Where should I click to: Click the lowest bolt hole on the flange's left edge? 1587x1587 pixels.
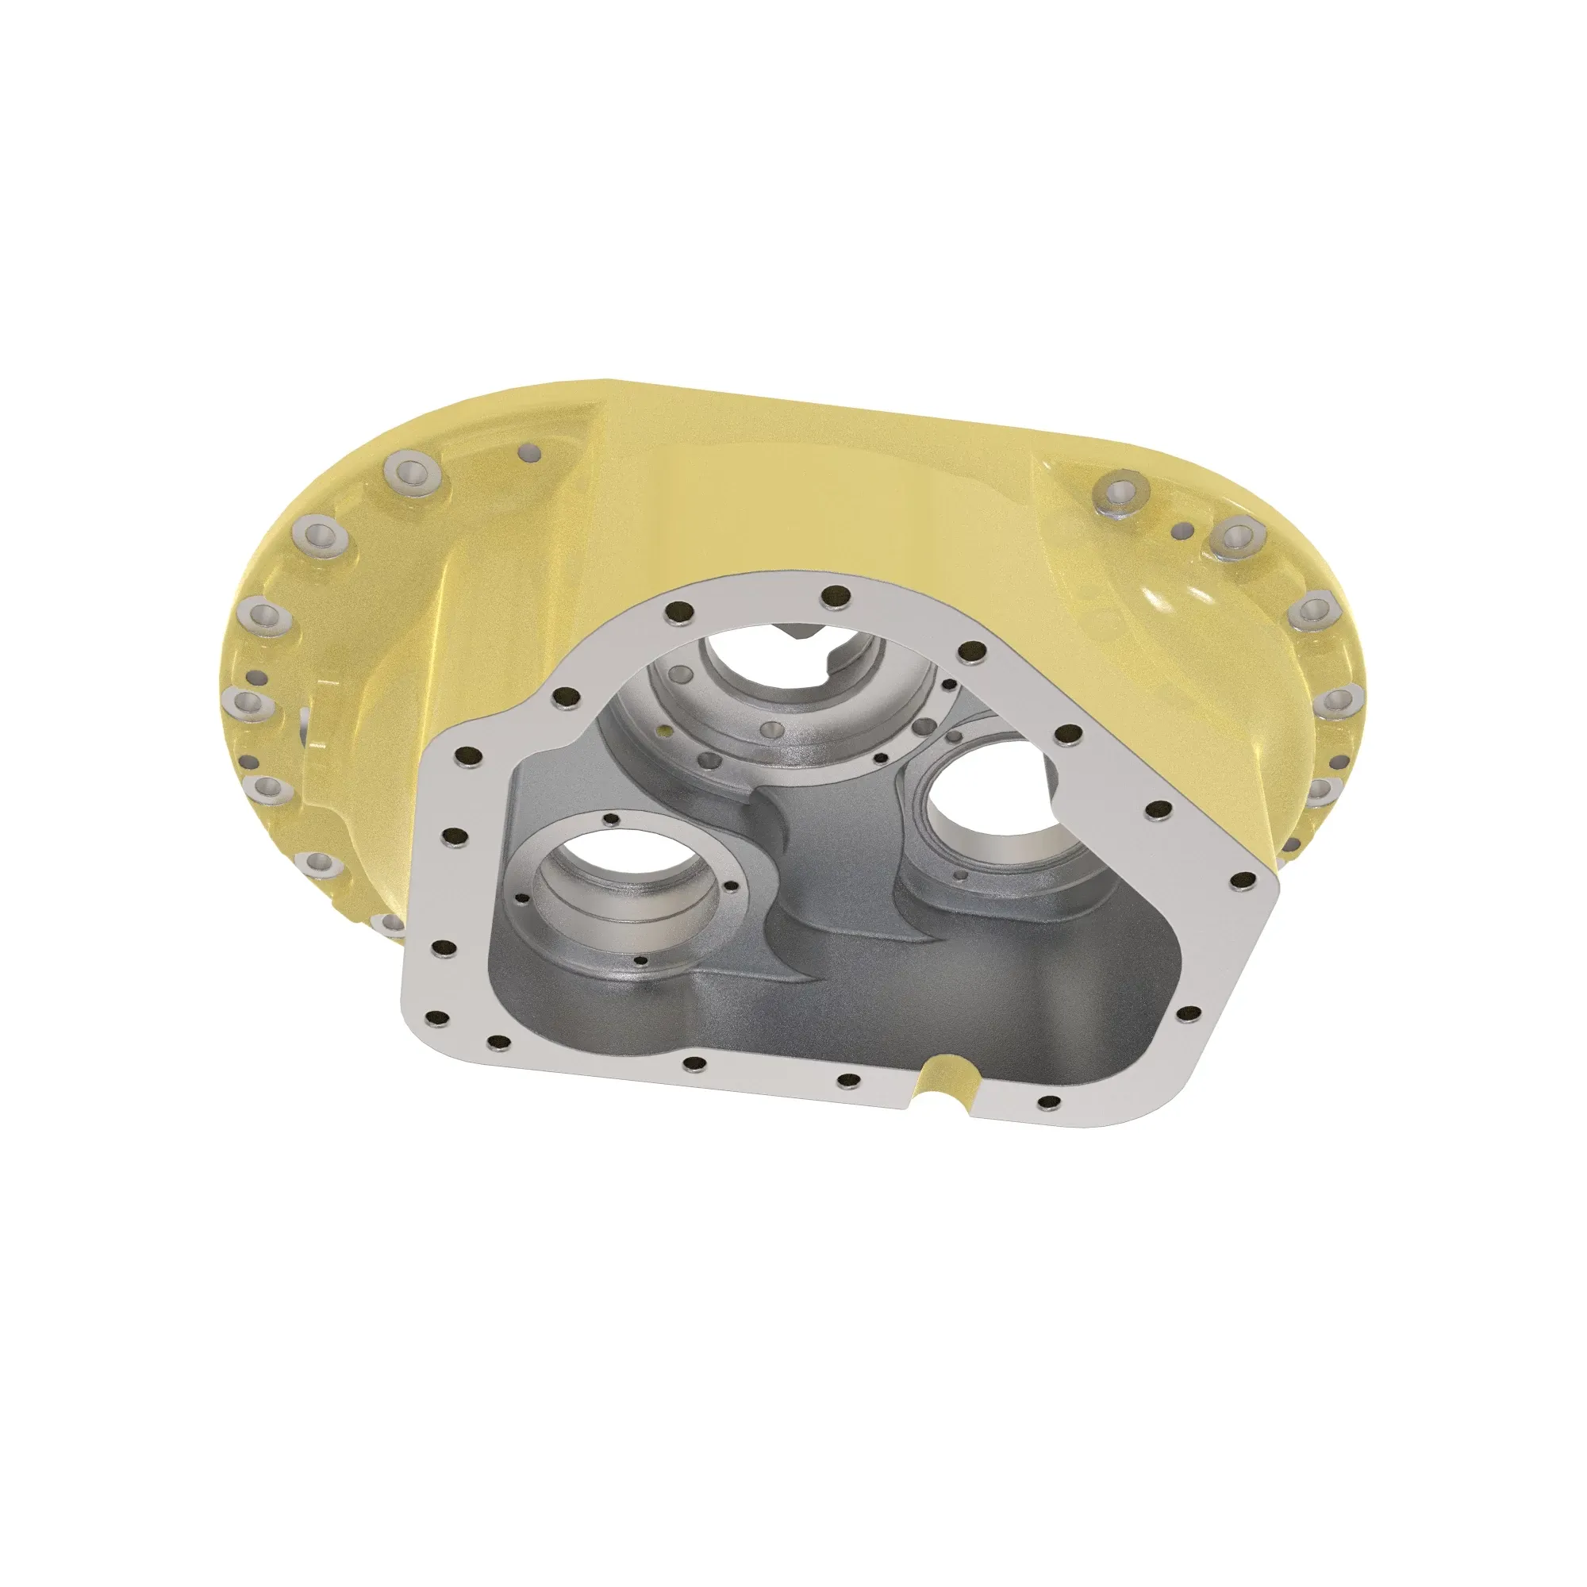440,1020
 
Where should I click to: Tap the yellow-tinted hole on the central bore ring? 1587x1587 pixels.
662,727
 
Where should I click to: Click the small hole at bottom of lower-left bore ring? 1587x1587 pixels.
641,961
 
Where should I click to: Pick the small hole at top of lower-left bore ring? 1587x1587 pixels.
610,818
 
